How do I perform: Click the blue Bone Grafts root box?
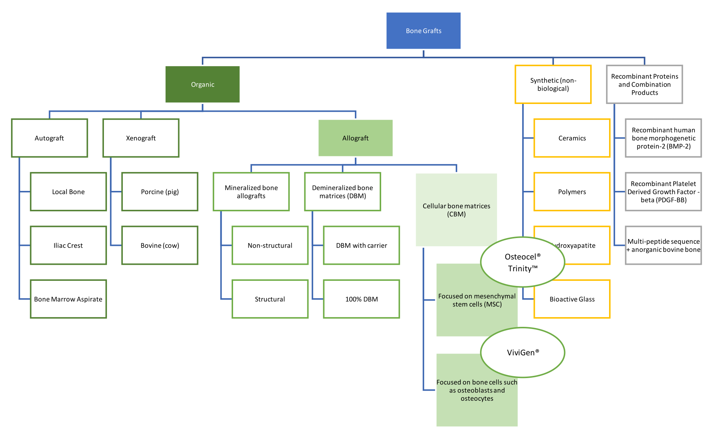click(x=423, y=31)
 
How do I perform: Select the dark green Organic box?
click(x=202, y=84)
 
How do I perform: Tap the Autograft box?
click(x=49, y=138)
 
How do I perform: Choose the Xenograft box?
click(x=141, y=138)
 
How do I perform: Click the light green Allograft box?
click(x=355, y=138)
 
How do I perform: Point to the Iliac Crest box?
click(x=68, y=245)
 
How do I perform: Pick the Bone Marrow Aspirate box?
click(x=68, y=299)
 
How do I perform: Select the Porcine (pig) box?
click(x=160, y=192)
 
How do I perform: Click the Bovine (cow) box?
click(x=160, y=245)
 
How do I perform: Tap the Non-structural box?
click(x=270, y=245)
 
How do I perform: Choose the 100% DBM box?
click(x=361, y=299)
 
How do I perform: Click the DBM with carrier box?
click(x=361, y=245)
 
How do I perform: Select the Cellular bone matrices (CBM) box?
click(x=456, y=210)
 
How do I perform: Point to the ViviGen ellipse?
click(x=522, y=352)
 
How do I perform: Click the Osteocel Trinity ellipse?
click(x=522, y=262)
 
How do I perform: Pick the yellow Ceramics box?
click(x=572, y=138)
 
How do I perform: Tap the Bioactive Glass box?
click(x=572, y=299)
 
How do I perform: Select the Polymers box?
click(x=572, y=192)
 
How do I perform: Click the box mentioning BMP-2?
click(x=663, y=138)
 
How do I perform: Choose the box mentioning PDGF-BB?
click(x=663, y=192)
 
